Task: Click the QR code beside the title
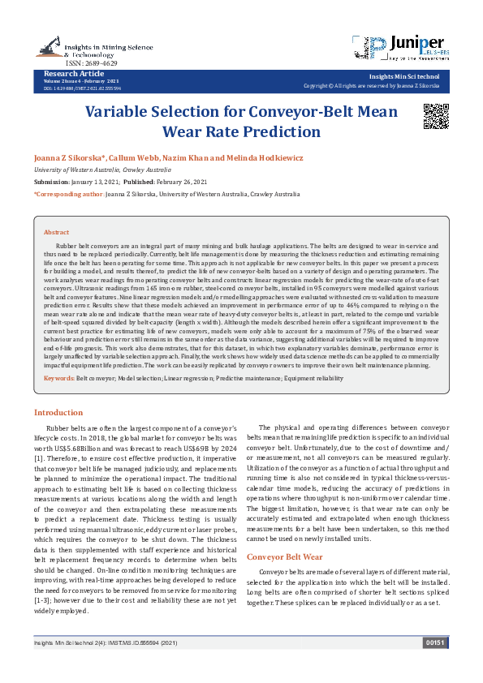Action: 435,117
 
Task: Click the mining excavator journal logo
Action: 51,45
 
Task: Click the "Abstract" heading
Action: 57,232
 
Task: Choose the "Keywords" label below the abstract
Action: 58,379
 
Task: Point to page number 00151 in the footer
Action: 435,665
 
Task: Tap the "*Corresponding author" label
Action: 69,195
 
